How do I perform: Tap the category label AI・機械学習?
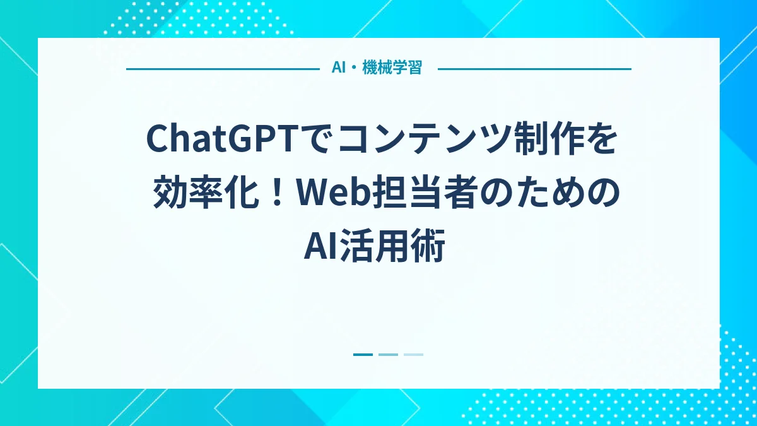click(x=377, y=68)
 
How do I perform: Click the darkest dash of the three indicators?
click(x=363, y=355)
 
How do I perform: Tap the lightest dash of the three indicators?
click(x=413, y=355)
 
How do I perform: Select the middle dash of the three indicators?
click(x=388, y=355)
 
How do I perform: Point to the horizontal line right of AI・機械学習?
click(x=534, y=69)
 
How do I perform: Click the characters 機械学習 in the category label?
click(x=392, y=68)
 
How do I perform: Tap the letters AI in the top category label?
click(x=338, y=68)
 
